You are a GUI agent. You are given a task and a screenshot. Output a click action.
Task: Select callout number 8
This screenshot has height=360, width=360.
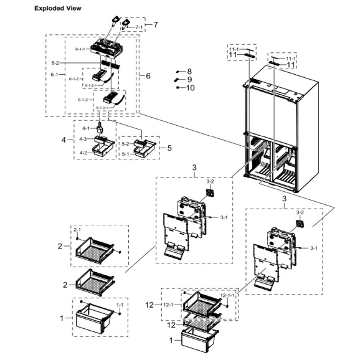(189, 72)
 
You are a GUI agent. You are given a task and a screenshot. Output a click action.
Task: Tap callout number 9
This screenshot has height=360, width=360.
(189, 80)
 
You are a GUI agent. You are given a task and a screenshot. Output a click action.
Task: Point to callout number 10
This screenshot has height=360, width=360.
(191, 88)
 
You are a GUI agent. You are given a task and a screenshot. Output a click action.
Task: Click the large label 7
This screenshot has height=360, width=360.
(156, 25)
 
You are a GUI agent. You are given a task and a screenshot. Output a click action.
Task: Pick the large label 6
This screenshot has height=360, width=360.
(148, 75)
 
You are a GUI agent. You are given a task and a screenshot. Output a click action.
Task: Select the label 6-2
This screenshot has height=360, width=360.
(55, 63)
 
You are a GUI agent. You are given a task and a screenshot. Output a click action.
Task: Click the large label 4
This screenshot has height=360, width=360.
(64, 140)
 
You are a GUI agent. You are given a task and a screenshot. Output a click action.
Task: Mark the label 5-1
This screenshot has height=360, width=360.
(126, 153)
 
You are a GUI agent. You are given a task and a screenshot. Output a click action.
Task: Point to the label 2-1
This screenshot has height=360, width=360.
(78, 230)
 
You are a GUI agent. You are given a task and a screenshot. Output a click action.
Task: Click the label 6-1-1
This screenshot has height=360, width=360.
(80, 48)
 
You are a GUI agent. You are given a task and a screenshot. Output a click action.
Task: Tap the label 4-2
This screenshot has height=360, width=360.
(83, 153)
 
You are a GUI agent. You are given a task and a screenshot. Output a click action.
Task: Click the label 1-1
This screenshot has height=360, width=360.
(120, 305)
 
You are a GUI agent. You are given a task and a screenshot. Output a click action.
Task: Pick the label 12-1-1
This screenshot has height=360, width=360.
(228, 295)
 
